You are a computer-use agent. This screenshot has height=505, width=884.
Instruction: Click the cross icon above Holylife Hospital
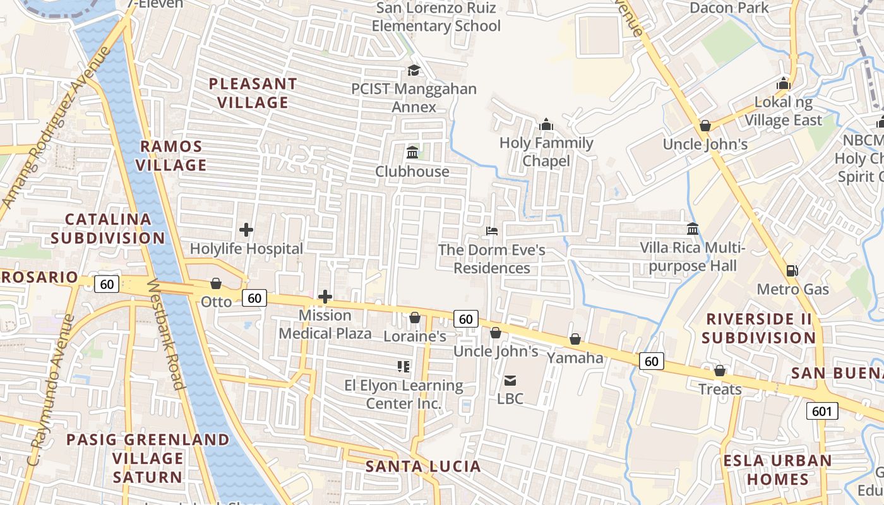(x=246, y=230)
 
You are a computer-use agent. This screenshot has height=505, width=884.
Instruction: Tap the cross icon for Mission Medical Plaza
(x=325, y=297)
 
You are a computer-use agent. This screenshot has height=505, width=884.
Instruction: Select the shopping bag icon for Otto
(x=216, y=283)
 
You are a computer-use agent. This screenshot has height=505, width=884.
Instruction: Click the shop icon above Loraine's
(x=415, y=318)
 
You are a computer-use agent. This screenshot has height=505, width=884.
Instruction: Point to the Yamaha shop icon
(x=575, y=339)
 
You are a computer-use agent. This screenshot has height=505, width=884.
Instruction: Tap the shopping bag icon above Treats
(x=719, y=371)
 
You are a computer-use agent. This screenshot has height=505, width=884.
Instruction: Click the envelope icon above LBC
(x=510, y=380)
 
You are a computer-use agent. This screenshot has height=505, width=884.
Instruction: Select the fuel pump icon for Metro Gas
(x=792, y=271)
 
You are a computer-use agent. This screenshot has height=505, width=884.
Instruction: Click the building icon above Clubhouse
(x=413, y=152)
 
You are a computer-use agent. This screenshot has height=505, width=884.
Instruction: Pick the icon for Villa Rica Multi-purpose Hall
(x=693, y=229)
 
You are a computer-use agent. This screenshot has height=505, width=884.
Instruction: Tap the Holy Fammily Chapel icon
(x=547, y=124)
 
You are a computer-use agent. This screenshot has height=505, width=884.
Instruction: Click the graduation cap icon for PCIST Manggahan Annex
(x=414, y=70)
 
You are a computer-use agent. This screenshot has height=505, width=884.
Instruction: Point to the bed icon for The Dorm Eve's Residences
(x=492, y=231)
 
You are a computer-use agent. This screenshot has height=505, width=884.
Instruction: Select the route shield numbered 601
(x=822, y=412)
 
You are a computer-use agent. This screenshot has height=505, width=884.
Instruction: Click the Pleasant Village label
(x=253, y=93)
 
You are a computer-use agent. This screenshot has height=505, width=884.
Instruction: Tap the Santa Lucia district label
(x=423, y=466)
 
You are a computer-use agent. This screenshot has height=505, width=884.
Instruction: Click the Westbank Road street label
(x=166, y=334)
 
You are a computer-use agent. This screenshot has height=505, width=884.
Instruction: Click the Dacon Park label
(x=729, y=8)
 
